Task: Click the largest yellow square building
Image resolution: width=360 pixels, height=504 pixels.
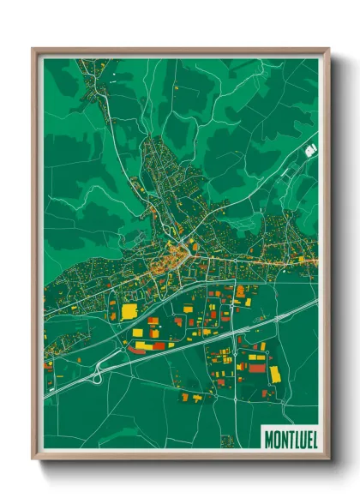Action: (x=129, y=311)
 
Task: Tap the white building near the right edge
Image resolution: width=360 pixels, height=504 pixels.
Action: (x=310, y=150)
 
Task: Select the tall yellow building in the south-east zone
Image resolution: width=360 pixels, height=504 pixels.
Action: (x=275, y=374)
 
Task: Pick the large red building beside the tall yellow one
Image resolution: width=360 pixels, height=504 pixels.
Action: (x=257, y=368)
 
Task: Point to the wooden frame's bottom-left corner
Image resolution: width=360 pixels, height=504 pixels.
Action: (x=33, y=459)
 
